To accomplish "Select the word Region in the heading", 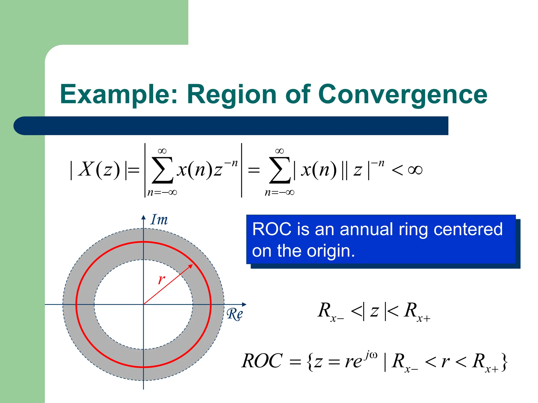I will tap(231, 94).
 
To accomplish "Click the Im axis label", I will tap(159, 220).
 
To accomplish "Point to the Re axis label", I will tap(235, 314).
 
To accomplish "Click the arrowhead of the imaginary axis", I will tap(143, 217).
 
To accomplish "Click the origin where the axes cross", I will tap(143, 304).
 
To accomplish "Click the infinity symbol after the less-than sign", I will tap(415, 170).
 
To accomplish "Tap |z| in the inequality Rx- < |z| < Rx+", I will tap(374, 311).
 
